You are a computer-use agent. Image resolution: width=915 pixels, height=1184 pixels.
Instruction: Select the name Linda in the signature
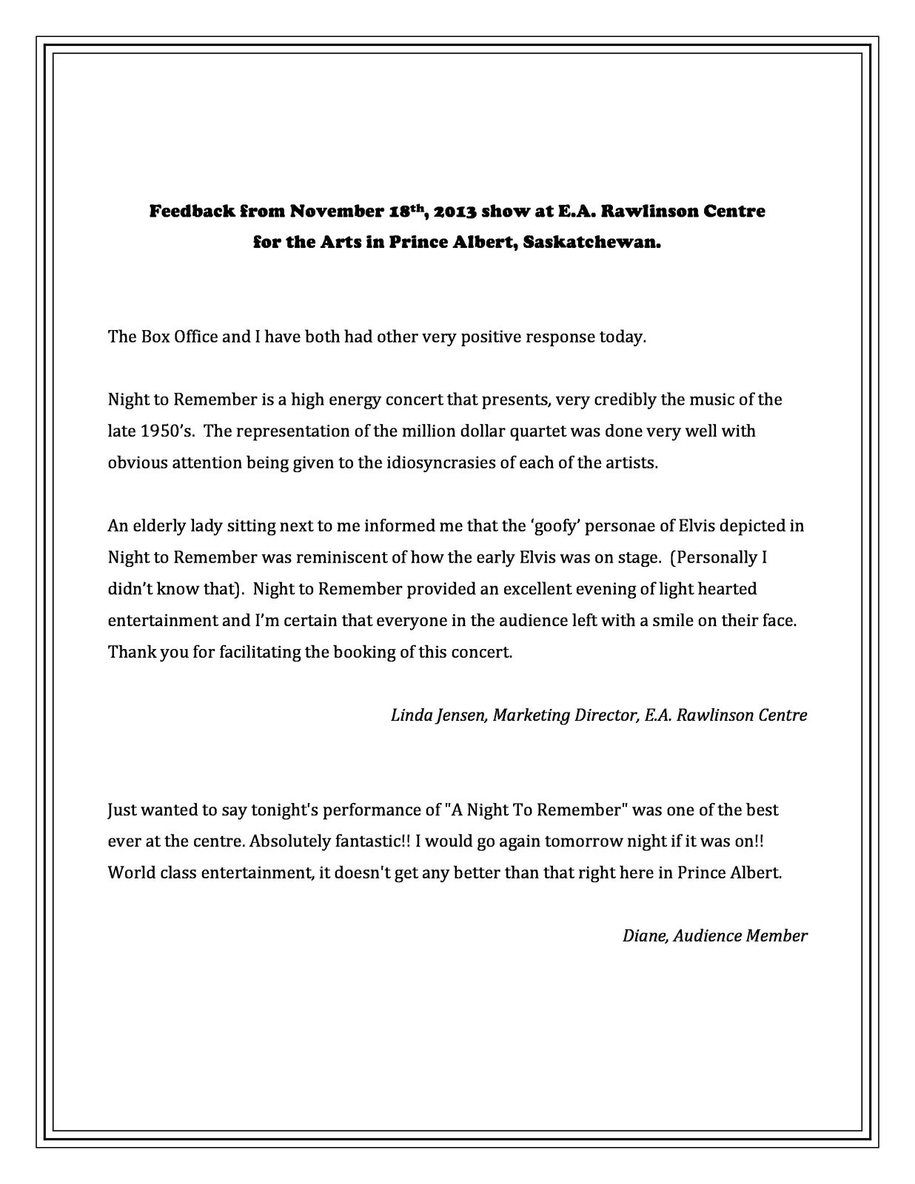409,715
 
